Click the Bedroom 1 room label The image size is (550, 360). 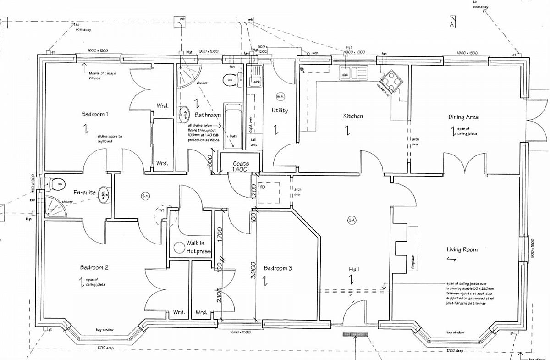[94, 114]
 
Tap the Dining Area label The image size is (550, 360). [463, 117]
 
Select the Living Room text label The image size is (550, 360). [462, 249]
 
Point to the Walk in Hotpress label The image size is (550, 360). [198, 247]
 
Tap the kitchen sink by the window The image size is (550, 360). [353, 73]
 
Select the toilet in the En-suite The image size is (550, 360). [56, 183]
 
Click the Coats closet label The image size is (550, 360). [241, 164]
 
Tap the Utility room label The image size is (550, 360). [279, 111]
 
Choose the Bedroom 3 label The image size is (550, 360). [278, 268]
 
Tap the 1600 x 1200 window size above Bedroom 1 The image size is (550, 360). [98, 50]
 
